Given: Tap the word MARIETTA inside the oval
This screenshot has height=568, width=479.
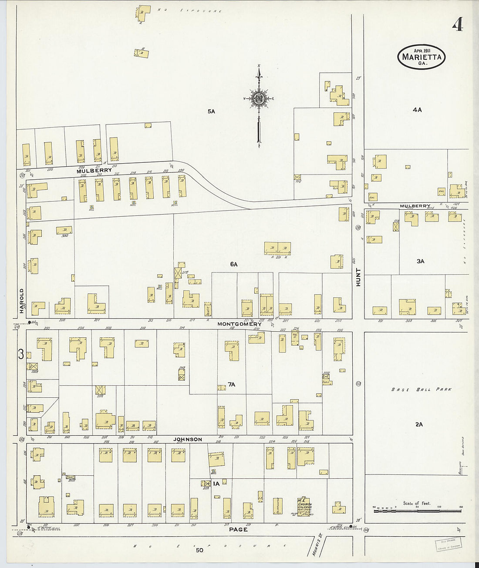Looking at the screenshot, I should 421,57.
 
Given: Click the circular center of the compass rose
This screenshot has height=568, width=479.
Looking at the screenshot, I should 259,99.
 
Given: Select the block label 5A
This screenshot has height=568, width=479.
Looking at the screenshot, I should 211,111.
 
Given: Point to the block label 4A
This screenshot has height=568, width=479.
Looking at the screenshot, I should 417,110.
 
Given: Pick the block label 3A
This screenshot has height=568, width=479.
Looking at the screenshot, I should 420,261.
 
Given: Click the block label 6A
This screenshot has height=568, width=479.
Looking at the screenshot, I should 234,264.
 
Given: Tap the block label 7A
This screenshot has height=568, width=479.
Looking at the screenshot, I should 231,384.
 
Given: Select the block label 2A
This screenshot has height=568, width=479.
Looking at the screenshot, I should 419,424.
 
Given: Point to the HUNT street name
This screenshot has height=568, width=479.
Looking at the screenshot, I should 358,277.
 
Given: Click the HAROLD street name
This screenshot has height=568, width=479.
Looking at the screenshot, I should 21,300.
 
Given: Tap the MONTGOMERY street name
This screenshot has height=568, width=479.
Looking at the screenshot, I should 239,324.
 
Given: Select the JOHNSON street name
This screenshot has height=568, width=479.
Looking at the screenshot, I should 188,439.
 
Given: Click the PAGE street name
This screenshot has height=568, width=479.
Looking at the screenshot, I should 238,529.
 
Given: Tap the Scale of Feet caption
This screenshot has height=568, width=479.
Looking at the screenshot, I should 416,503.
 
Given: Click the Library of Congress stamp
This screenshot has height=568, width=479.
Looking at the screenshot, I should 449,544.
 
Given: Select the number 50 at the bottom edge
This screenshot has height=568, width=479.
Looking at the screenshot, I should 199,550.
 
